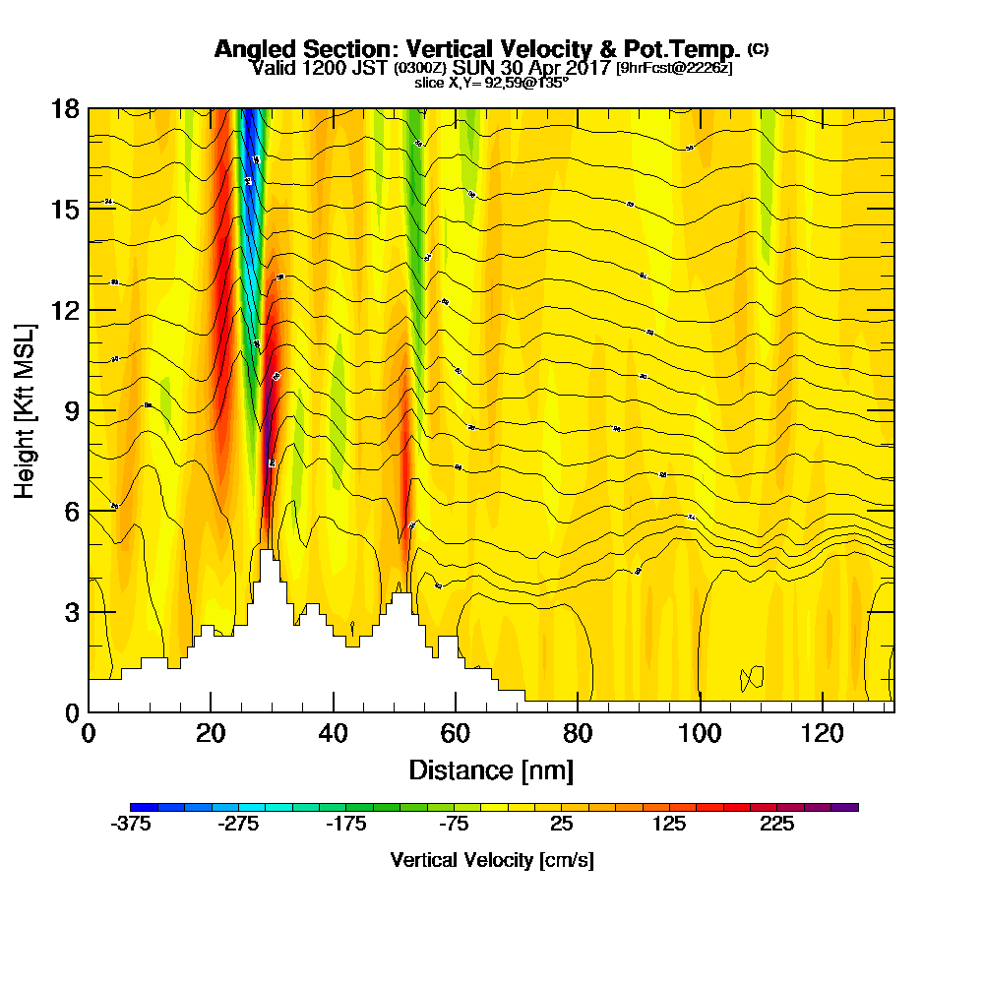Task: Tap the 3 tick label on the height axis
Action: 70,611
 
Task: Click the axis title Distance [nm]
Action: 491,769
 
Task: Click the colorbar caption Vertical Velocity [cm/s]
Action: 491,860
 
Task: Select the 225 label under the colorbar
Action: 776,825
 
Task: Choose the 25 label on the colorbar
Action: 561,825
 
